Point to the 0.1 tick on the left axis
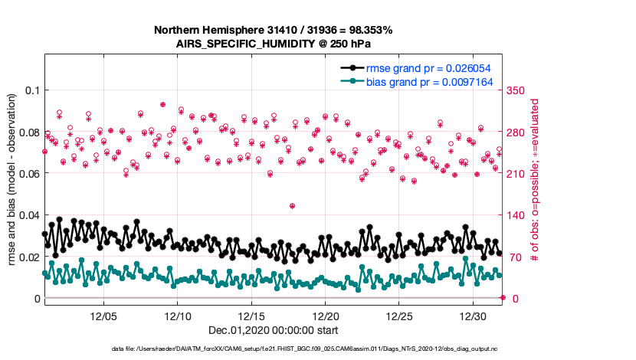[x=31, y=90]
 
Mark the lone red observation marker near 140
[x=292, y=205]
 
